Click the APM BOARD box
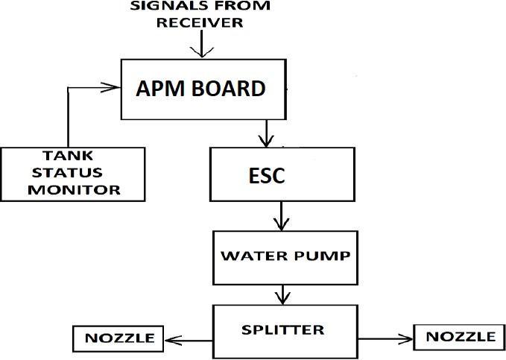click(200, 89)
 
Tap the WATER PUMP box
click(281, 255)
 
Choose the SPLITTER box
click(282, 329)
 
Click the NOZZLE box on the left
click(117, 338)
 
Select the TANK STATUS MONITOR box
click(72, 173)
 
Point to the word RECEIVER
click(199, 22)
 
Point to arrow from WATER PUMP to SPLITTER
click(280, 294)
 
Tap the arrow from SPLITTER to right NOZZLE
click(381, 339)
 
